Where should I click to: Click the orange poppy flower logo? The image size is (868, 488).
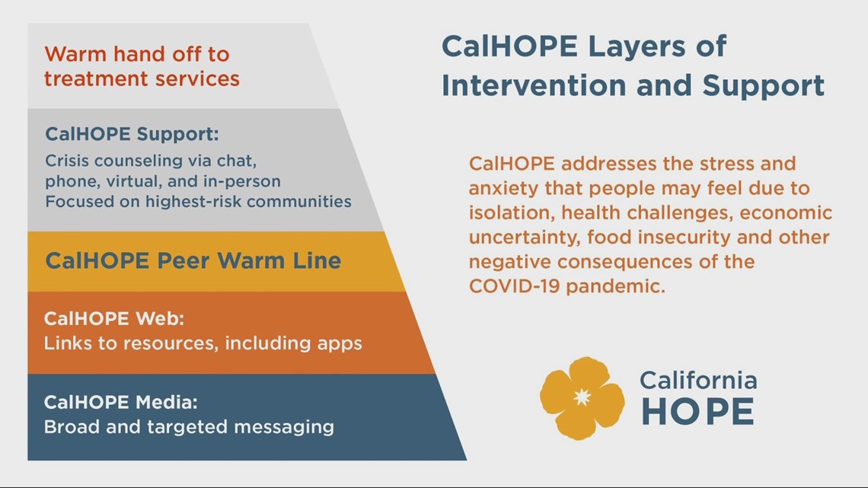tap(582, 398)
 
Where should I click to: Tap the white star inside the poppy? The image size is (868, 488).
tap(582, 397)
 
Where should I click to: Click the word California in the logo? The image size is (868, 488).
tap(697, 380)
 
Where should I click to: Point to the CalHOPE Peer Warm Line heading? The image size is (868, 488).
tap(193, 261)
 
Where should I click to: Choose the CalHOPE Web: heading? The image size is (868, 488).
tap(114, 318)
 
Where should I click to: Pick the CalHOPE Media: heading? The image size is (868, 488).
tap(120, 401)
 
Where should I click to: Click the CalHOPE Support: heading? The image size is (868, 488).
tap(132, 134)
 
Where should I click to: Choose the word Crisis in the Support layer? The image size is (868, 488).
tap(67, 161)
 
